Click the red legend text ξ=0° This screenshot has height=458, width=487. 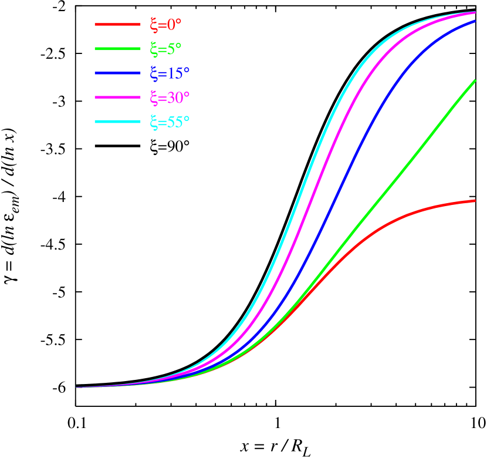tap(166, 25)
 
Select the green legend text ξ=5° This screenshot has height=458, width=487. tap(166, 49)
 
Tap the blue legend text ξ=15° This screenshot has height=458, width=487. tap(170, 73)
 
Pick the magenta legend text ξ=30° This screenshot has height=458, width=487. tap(170, 97)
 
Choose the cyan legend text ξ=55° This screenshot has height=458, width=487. tap(170, 122)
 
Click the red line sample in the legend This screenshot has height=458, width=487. tap(117, 25)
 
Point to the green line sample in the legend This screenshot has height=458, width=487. tap(117, 49)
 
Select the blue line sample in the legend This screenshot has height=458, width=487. tap(117, 73)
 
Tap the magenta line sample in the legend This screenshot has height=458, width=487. tap(117, 97)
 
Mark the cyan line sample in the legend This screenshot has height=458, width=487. tap(117, 122)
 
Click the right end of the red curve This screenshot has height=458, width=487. tap(474, 201)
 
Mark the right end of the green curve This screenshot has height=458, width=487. tap(474, 80)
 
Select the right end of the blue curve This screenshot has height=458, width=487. tap(474, 21)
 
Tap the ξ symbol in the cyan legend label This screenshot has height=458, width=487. tap(154, 122)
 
